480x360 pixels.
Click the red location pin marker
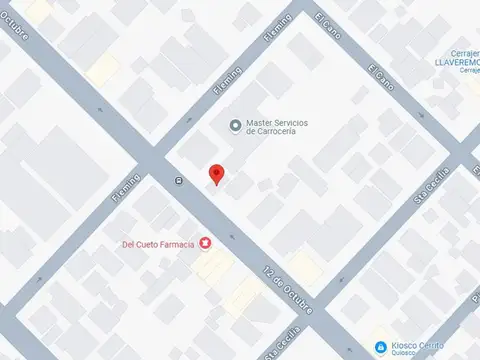click(x=216, y=175)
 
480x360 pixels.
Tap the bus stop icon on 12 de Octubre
click(x=178, y=181)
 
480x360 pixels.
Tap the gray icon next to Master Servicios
click(x=235, y=126)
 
